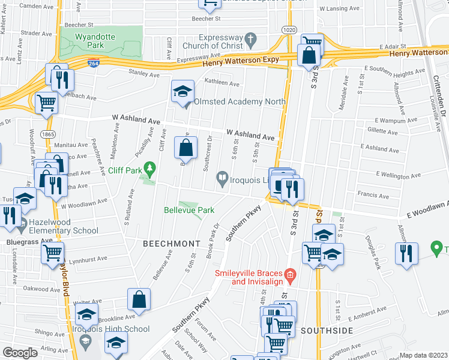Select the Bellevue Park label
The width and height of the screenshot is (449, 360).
pyautogui.click(x=189, y=211)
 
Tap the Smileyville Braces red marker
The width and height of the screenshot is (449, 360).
pyautogui.click(x=289, y=277)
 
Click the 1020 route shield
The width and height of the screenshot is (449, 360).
pyautogui.click(x=289, y=29)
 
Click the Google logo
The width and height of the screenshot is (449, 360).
pyautogui.click(x=20, y=353)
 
